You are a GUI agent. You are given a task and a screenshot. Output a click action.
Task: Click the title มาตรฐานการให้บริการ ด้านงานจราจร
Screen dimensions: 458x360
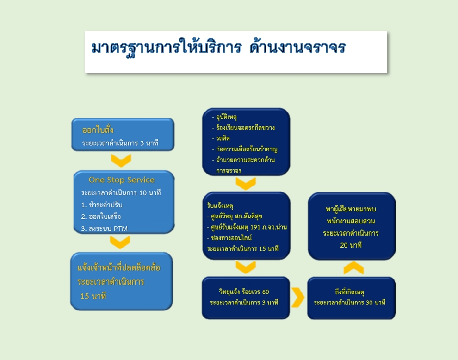(x=218, y=48)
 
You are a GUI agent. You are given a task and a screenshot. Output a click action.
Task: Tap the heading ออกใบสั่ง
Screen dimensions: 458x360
(x=98, y=130)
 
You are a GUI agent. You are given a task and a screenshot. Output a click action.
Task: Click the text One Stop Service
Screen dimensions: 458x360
(x=122, y=180)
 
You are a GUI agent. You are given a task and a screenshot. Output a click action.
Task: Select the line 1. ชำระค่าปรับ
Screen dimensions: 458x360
(x=102, y=205)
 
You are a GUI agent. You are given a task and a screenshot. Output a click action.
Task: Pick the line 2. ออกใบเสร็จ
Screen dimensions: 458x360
(x=101, y=217)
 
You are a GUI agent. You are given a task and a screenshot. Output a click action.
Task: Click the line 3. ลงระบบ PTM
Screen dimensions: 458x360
(x=104, y=229)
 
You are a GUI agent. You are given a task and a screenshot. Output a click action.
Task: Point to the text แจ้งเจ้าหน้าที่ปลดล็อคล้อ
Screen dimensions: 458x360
(x=118, y=267)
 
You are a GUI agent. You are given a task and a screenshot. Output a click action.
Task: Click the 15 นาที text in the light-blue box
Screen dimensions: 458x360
(x=93, y=296)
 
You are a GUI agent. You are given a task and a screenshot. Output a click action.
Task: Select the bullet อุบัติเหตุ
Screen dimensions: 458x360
(x=224, y=117)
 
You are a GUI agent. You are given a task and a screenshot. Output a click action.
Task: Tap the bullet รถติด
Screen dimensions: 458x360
(x=221, y=138)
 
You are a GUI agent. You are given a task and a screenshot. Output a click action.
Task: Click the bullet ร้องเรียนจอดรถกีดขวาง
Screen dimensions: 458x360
(x=243, y=128)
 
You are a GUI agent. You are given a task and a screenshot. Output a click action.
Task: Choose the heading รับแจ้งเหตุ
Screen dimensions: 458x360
(x=220, y=206)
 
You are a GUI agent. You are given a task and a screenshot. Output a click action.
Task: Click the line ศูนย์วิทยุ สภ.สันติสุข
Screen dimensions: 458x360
(x=235, y=216)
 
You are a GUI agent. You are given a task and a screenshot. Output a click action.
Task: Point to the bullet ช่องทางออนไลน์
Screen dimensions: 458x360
(x=229, y=238)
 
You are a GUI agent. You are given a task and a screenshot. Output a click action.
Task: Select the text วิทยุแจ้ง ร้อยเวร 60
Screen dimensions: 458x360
(x=244, y=292)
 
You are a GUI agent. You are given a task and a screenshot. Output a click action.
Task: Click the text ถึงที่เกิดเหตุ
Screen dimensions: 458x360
(x=349, y=292)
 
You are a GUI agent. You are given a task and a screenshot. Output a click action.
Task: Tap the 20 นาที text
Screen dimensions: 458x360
(x=351, y=245)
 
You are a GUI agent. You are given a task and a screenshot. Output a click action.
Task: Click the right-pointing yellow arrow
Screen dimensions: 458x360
(x=298, y=298)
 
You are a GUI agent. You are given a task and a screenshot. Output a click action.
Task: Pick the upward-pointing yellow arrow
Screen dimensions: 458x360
(x=353, y=267)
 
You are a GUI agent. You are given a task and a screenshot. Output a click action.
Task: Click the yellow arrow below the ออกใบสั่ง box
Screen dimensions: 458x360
(x=121, y=161)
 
